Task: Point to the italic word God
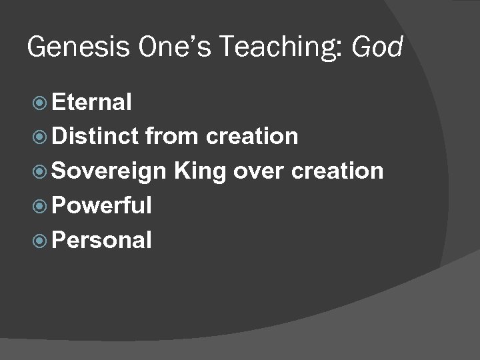[x=377, y=47]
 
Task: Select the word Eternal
[x=91, y=102]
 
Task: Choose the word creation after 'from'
[x=252, y=137]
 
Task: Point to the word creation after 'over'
[x=337, y=171]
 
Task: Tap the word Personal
[x=101, y=240]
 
